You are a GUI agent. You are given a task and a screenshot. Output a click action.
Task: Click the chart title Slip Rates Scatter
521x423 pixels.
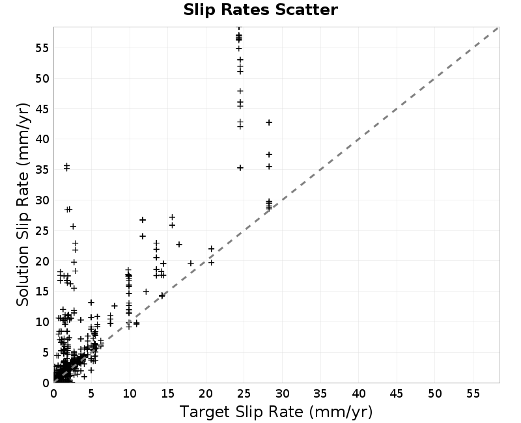click(x=260, y=10)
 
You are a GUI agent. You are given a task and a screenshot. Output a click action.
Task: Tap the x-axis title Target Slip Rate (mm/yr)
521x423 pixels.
click(x=276, y=412)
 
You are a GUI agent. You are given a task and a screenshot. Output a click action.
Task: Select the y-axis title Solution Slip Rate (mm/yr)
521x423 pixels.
click(x=23, y=204)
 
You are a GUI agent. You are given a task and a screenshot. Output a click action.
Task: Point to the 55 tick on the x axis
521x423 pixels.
click(x=473, y=394)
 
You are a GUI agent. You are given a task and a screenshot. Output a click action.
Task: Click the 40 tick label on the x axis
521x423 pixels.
click(x=359, y=394)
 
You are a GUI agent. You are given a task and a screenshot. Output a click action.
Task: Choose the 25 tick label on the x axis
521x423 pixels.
click(x=244, y=394)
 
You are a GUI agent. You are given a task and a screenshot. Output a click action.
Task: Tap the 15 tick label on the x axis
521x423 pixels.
click(x=167, y=394)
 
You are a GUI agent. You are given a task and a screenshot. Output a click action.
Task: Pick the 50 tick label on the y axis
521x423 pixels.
click(x=42, y=79)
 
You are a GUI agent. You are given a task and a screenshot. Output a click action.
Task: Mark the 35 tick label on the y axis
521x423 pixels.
click(x=42, y=170)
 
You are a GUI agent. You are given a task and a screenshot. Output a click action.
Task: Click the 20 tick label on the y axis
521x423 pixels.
click(x=42, y=262)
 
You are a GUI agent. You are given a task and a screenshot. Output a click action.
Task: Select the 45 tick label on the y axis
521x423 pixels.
click(x=42, y=109)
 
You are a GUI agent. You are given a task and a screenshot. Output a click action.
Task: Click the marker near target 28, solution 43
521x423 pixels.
click(x=269, y=122)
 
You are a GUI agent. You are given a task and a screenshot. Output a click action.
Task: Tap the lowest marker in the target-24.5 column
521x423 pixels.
click(x=240, y=168)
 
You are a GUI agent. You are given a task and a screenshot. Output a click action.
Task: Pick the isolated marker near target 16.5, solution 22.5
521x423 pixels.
click(x=179, y=245)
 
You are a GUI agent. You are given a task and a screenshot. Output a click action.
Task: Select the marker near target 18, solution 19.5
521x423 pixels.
click(x=191, y=264)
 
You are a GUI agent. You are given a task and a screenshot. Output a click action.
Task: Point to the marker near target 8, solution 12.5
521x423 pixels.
click(x=115, y=306)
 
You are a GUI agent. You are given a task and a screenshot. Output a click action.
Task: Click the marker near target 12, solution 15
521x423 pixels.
click(x=146, y=292)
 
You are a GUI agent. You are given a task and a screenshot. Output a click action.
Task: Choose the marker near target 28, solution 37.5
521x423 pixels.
click(x=269, y=154)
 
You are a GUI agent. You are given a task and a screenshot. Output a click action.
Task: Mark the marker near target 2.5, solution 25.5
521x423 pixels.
click(x=73, y=226)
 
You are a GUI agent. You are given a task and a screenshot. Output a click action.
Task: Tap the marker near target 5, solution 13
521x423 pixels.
click(x=91, y=303)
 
